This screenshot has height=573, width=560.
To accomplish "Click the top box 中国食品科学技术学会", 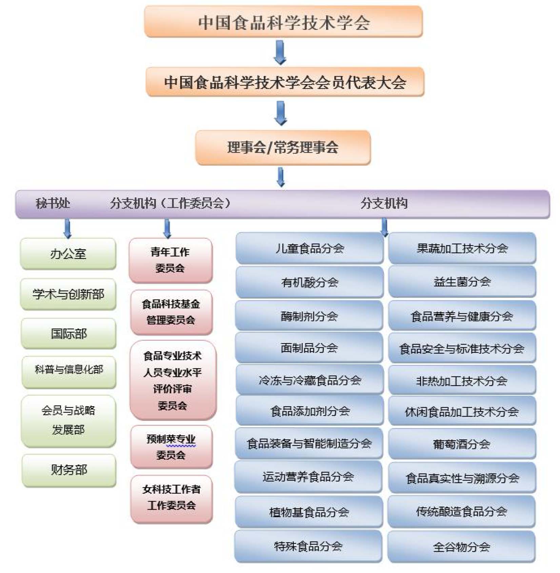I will (x=283, y=22).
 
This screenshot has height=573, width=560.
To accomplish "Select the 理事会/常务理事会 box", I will (x=283, y=147).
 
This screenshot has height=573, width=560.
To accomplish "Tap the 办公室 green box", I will (x=68, y=254).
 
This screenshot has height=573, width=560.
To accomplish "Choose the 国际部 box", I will (x=69, y=334).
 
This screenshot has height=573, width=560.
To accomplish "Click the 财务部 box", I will (x=69, y=470).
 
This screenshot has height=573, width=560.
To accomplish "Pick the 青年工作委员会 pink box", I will (x=171, y=260).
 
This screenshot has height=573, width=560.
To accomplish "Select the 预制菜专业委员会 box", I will (x=171, y=447).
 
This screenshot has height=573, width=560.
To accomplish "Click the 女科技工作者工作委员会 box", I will (x=172, y=498).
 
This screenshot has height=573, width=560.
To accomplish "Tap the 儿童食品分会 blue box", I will (x=309, y=248).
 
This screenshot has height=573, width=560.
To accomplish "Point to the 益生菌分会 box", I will (x=462, y=281).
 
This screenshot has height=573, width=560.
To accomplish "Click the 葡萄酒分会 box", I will (x=462, y=444).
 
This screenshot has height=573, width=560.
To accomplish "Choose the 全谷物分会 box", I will (x=461, y=547).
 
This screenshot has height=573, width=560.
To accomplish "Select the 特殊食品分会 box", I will (x=308, y=546).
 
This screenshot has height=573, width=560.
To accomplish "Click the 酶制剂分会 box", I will (x=309, y=316).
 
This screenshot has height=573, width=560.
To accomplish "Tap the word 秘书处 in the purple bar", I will (x=53, y=203).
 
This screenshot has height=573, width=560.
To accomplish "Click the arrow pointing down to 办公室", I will (x=67, y=228).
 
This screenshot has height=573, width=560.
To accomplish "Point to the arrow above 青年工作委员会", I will (x=167, y=228).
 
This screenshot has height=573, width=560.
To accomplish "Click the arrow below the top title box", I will (x=280, y=52).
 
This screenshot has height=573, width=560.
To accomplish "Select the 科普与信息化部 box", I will (x=69, y=370).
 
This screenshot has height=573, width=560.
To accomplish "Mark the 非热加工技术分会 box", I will (x=462, y=381).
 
